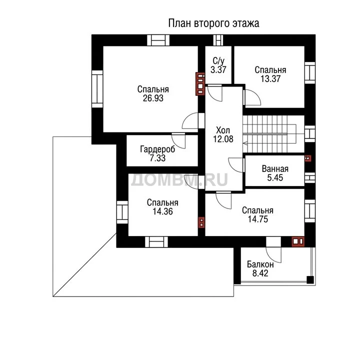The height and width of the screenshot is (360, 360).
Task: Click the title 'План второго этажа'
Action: [x=214, y=23]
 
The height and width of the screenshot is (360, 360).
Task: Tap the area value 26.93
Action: [x=153, y=98]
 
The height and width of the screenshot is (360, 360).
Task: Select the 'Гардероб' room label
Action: [x=157, y=149]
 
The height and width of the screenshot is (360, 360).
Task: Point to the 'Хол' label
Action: [x=223, y=130]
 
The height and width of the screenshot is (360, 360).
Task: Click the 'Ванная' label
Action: [x=275, y=169]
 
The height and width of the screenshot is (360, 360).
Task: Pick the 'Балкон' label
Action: [x=260, y=264]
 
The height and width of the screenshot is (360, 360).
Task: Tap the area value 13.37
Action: [x=270, y=79]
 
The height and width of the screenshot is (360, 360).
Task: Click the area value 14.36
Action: [x=163, y=211]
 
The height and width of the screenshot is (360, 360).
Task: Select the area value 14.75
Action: [x=258, y=219]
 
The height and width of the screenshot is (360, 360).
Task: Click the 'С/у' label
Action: [x=218, y=61]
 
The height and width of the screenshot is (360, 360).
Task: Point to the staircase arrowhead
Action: [x=245, y=143]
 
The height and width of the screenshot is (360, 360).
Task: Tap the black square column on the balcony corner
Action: [x=310, y=280]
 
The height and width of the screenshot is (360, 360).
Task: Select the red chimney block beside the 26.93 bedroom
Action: [x=200, y=83]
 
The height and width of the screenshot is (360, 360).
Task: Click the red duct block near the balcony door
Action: [x=298, y=241]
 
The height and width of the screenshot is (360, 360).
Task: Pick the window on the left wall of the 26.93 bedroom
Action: [x=97, y=89]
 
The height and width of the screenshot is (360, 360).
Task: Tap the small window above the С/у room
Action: [x=218, y=40]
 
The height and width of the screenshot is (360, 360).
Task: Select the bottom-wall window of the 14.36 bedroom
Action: [x=156, y=242]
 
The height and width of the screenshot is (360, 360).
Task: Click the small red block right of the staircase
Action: [x=307, y=158]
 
